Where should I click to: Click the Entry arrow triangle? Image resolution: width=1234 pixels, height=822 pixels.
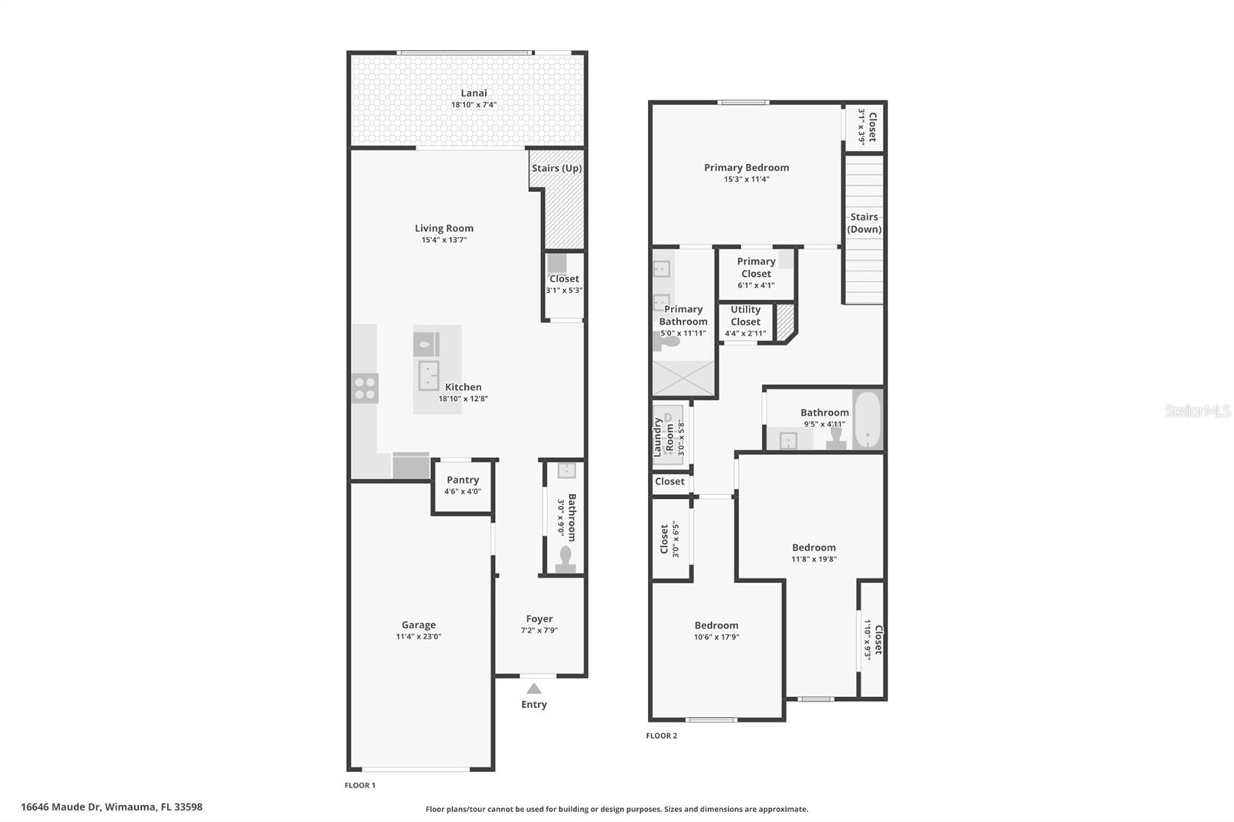coord(534,689)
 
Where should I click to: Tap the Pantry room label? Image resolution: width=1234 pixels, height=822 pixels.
coord(463,480)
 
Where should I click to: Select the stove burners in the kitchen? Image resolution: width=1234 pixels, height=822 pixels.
coord(365,388)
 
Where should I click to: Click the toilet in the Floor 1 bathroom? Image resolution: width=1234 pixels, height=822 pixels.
coord(565,559)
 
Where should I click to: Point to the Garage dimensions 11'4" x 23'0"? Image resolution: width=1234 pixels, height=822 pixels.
coord(419,637)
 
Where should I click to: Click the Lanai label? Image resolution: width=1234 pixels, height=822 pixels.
coord(474,93)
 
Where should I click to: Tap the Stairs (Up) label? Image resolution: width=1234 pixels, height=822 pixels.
coord(557,168)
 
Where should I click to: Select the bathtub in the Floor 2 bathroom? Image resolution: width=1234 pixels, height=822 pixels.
coord(867,420)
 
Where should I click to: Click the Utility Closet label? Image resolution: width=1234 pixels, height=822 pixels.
coord(746,315)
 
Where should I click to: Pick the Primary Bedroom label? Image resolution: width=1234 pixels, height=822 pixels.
coord(746,167)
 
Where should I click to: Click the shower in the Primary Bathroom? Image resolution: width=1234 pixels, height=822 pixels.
coord(683,379)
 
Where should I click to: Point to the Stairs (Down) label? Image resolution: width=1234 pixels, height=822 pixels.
coord(864,223)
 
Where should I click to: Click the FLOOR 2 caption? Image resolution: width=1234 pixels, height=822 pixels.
coord(662,736)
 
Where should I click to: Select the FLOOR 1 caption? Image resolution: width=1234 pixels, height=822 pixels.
coord(359,785)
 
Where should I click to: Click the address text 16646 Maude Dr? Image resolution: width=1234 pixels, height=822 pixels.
coord(61,807)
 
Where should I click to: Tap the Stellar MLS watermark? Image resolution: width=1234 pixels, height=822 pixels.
coord(1197,411)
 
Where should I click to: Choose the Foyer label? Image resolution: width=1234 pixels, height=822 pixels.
coord(539,618)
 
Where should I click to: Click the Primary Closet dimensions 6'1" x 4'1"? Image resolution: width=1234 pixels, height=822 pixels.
coord(756,285)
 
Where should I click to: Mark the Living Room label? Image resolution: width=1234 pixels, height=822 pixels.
coord(444,228)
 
